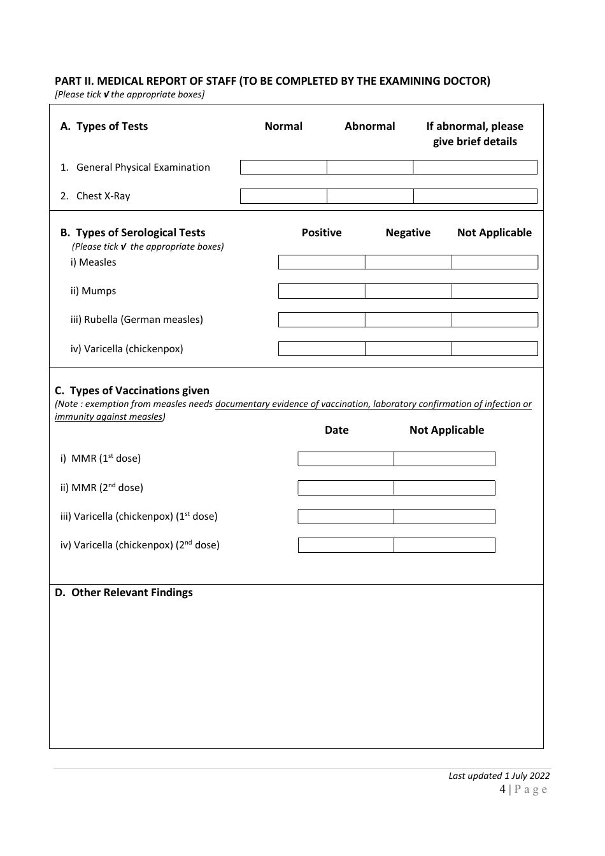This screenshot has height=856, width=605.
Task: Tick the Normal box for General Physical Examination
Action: [x=283, y=168]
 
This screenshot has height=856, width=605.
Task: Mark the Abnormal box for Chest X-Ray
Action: [x=370, y=196]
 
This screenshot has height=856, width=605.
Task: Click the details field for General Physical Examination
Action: [x=475, y=168]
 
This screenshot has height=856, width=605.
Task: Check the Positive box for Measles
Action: [x=322, y=262]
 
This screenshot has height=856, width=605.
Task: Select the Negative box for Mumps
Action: [x=408, y=291]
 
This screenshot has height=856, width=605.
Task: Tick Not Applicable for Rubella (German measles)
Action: [x=495, y=320]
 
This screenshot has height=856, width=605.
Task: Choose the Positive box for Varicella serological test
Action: [x=322, y=349]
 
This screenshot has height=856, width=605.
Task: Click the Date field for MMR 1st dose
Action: [x=346, y=459]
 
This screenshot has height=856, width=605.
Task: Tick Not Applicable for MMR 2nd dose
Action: [x=445, y=488]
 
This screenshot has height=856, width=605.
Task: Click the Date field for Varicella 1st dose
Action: [x=346, y=517]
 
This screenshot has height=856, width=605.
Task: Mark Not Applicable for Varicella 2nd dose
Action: [x=445, y=545]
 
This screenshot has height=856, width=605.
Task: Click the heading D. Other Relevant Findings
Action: [x=124, y=592]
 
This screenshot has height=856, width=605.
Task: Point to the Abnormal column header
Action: [x=370, y=126]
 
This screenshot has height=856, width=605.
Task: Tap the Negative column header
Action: [x=408, y=232]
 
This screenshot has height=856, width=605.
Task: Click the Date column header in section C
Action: [x=337, y=430]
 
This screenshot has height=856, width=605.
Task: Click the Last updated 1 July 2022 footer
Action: [x=499, y=776]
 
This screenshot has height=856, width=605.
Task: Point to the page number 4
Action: [x=502, y=790]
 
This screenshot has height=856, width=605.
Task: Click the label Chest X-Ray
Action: [x=103, y=196]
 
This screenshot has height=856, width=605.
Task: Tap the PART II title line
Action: [x=273, y=81]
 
